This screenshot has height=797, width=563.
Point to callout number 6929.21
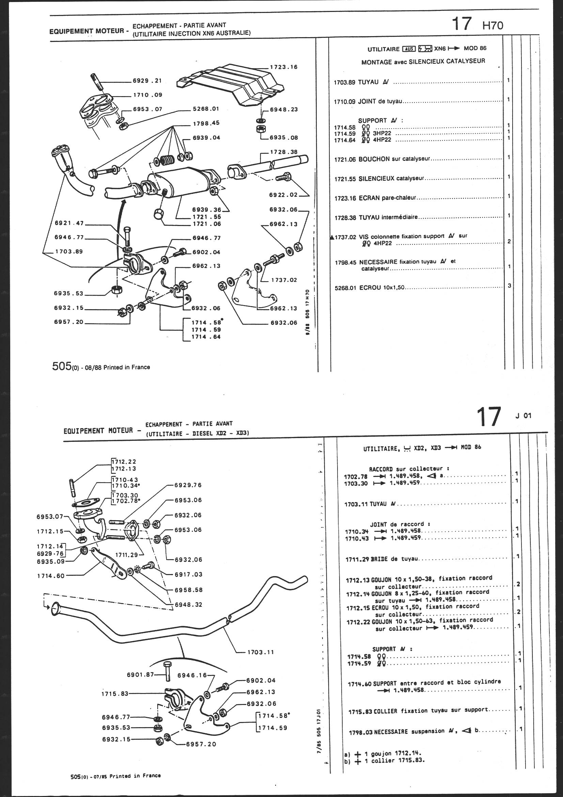[147, 81]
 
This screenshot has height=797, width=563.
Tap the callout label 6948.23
[284, 109]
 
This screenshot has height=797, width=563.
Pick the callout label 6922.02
[283, 195]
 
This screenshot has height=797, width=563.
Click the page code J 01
[523, 416]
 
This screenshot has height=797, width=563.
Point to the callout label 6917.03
[188, 574]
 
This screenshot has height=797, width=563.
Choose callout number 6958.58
[188, 590]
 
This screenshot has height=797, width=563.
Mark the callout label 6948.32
[188, 605]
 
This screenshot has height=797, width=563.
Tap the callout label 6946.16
[192, 675]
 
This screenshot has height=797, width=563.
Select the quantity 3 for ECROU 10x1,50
[509, 286]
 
